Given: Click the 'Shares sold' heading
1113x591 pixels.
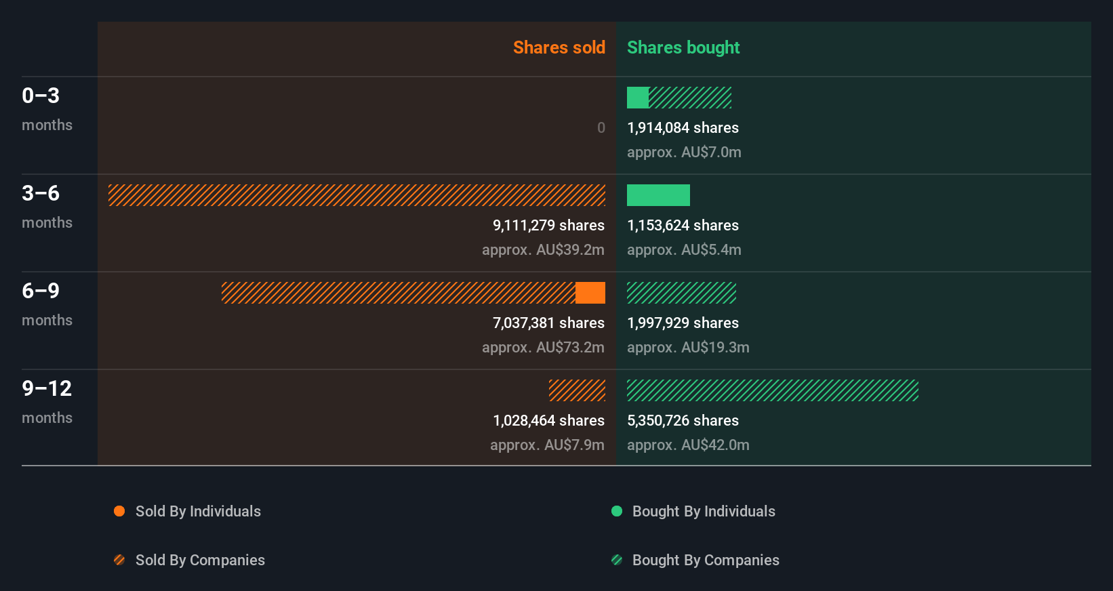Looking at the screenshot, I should tap(559, 47).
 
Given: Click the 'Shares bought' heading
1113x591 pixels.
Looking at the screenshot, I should tap(683, 47).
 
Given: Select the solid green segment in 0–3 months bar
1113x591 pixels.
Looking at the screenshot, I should tap(637, 98).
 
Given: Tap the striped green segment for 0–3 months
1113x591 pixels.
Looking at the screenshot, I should tap(690, 98).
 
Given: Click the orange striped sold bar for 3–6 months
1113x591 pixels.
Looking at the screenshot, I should tap(357, 195).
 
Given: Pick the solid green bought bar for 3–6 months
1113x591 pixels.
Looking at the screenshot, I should tap(658, 195).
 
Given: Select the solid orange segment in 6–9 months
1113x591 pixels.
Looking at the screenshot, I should tap(590, 293).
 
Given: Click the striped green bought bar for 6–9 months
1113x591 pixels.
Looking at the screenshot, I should tap(681, 293).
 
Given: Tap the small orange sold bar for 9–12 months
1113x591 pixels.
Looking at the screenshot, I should tap(577, 390).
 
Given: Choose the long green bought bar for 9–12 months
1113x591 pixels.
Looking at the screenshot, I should tap(773, 390).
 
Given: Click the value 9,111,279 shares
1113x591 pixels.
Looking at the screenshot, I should tap(548, 225).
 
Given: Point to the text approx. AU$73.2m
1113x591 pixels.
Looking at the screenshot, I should tap(543, 347).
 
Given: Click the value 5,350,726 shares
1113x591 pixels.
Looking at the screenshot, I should tap(683, 420).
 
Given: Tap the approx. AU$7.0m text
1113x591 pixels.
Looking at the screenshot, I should tap(684, 152).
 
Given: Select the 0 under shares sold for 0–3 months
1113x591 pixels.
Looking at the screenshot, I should tap(601, 127).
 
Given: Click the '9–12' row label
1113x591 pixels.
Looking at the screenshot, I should tap(47, 388).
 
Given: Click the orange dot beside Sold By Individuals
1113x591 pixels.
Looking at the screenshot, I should tap(119, 511).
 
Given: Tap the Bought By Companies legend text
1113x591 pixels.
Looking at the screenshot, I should tap(705, 560).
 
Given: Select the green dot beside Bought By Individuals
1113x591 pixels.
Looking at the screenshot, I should tap(617, 511).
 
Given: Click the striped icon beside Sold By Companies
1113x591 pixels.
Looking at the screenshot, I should tap(119, 560).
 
